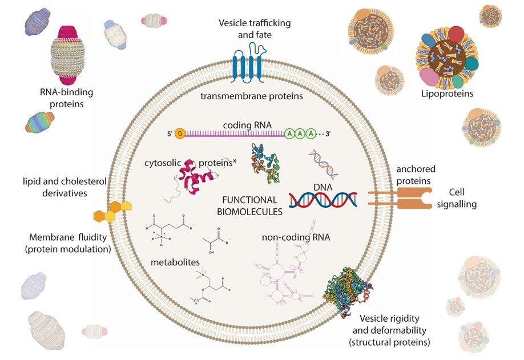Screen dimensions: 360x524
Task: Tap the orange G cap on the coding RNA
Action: click(x=180, y=134)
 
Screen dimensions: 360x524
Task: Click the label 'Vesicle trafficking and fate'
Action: click(x=255, y=28)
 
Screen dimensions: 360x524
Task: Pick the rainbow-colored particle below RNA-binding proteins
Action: click(x=39, y=122)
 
